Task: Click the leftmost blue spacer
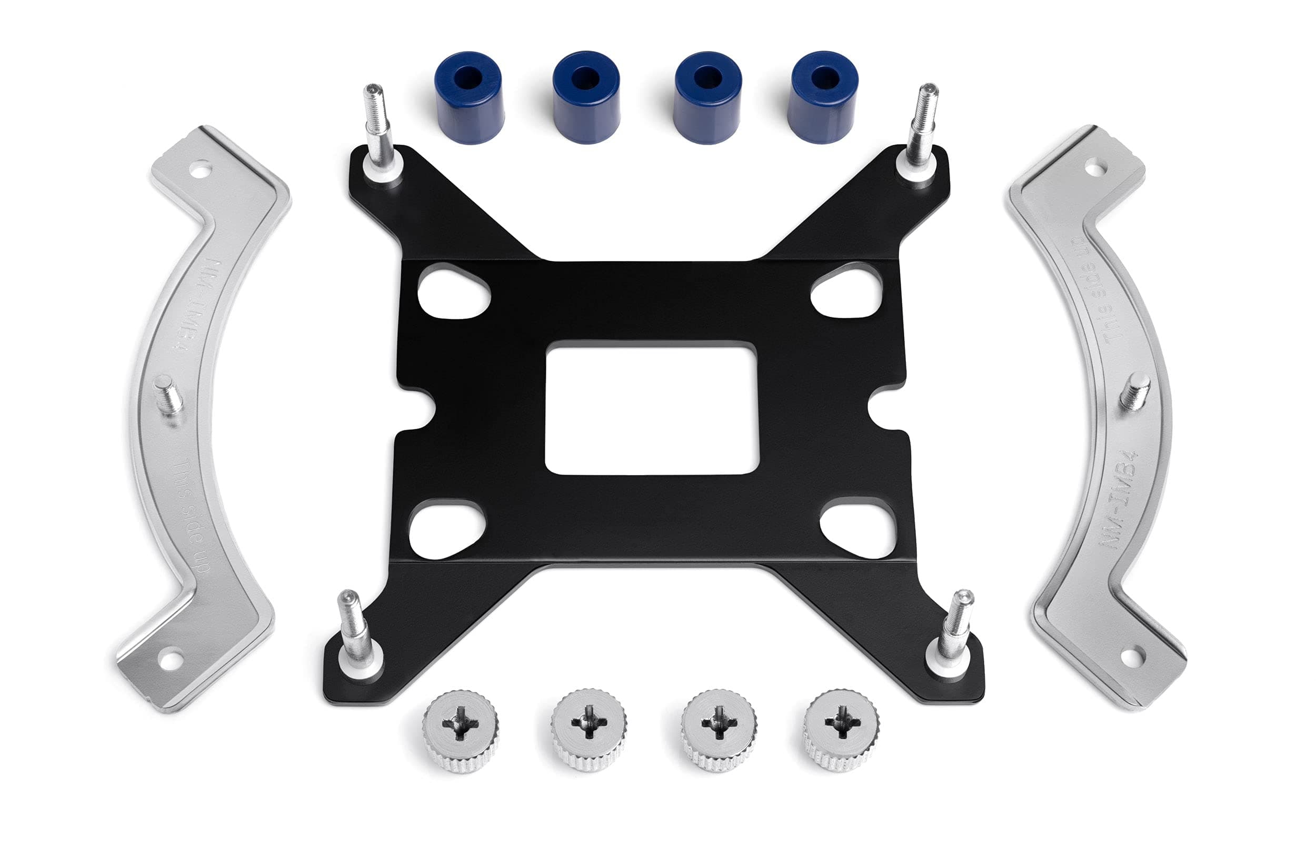[468, 97]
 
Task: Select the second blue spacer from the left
[586, 97]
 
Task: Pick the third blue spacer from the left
[707, 97]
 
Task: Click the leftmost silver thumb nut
[461, 731]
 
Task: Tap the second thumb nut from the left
[589, 730]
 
